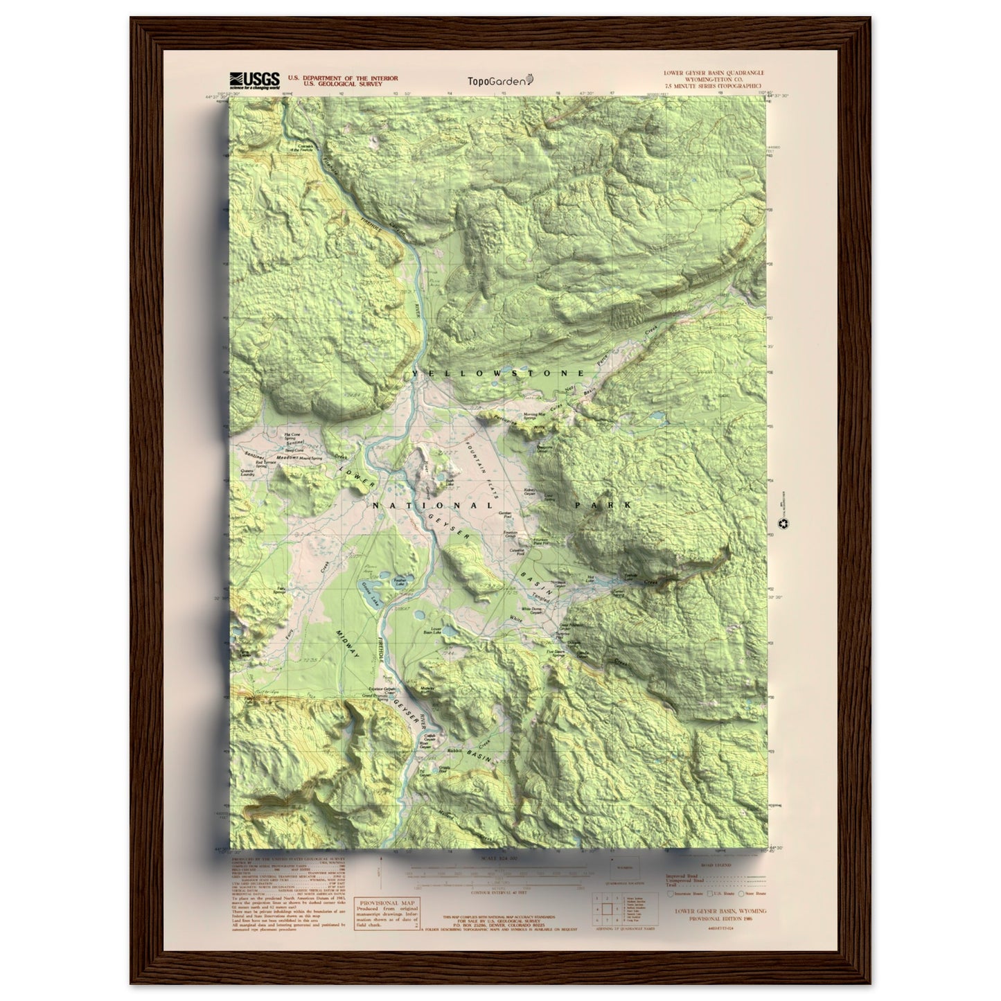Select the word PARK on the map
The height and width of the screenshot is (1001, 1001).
[603, 506]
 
